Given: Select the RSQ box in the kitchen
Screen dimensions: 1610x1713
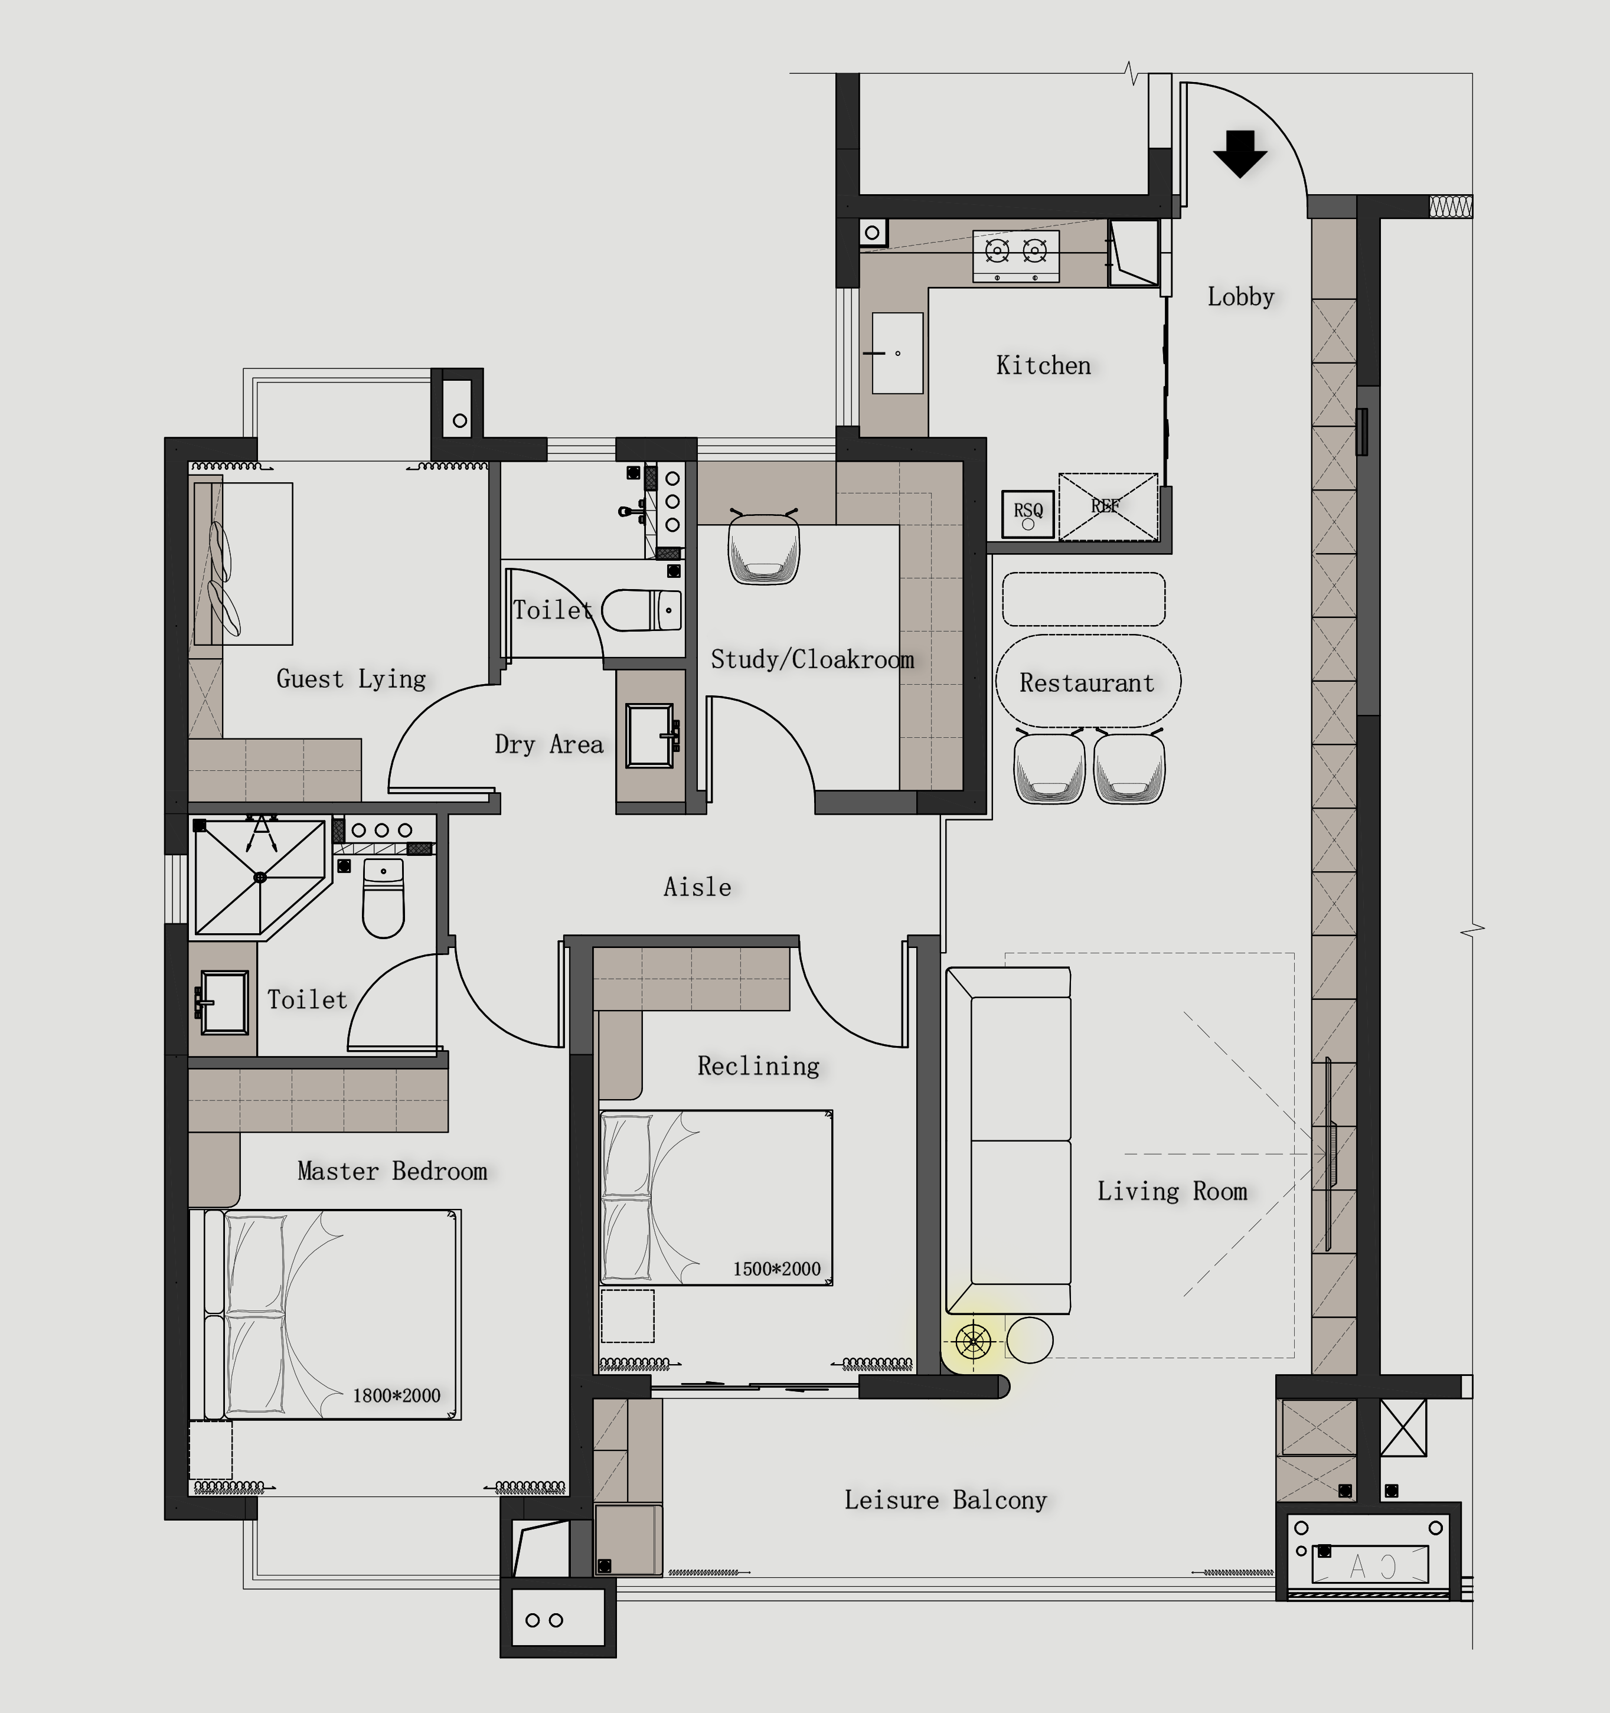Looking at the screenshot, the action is [1028, 514].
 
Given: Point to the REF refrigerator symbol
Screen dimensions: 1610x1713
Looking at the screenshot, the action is [1108, 506].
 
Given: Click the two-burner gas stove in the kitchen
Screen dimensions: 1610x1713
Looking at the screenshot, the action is [1016, 256].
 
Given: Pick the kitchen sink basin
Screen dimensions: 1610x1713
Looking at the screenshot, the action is [897, 354].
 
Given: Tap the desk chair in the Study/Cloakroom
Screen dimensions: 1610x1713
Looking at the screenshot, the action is [763, 546].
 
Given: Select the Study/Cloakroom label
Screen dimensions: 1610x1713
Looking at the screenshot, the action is [812, 660].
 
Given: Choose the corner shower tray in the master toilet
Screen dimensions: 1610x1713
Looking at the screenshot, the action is [261, 877].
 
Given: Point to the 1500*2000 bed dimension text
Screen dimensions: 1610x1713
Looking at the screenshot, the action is [776, 1269].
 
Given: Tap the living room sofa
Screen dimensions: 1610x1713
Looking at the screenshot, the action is [1008, 1141].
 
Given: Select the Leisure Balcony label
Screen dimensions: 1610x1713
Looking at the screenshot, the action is [945, 1500].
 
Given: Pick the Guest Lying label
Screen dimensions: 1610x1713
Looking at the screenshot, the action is [351, 679].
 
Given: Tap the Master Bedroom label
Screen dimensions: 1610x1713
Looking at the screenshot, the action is [392, 1171].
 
